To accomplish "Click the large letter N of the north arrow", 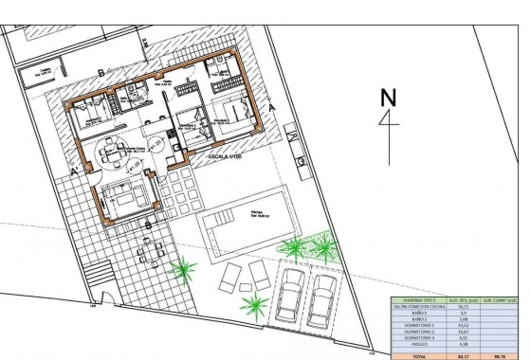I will [x=386, y=99].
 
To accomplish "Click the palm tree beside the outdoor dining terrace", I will [x=179, y=273].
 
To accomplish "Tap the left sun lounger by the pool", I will [x=231, y=278].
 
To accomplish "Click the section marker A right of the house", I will [x=273, y=107].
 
